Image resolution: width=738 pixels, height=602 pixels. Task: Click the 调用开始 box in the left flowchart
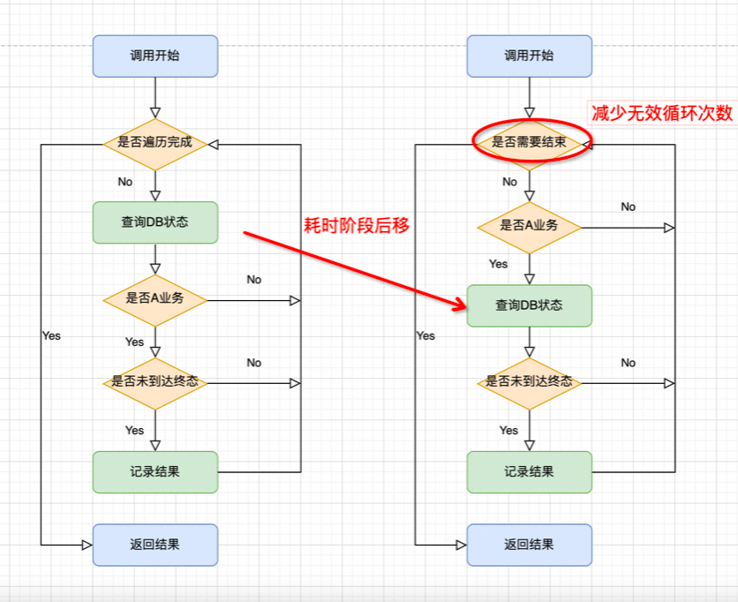click(154, 56)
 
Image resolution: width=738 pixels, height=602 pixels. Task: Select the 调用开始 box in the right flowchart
click(529, 56)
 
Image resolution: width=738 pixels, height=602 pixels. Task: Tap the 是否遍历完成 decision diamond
click(154, 142)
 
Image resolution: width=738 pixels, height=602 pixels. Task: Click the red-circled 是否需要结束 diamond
click(529, 142)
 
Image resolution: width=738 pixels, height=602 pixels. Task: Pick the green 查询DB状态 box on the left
click(154, 222)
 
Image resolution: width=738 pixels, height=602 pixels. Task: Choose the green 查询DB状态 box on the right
click(529, 305)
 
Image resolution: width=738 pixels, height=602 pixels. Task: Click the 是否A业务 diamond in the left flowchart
click(154, 299)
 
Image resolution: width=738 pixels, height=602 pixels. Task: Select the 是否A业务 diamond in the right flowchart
click(529, 226)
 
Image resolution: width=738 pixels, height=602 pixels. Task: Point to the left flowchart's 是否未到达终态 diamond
click(154, 383)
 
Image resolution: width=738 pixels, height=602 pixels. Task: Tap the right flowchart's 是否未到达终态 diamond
click(529, 382)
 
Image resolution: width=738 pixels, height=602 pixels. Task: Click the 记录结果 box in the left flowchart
click(154, 471)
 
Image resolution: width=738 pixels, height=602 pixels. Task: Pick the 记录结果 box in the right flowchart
click(529, 471)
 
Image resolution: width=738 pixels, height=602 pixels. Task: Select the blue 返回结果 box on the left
click(154, 545)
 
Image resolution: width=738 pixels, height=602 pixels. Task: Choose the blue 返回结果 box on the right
click(529, 545)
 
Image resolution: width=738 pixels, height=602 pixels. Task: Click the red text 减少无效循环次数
click(661, 113)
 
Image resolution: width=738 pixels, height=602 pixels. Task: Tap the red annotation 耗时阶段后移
click(356, 225)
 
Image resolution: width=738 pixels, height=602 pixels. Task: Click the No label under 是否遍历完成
click(125, 182)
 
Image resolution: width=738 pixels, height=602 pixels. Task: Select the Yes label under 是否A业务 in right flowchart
click(499, 264)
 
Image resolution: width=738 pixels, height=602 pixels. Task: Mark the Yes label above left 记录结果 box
click(134, 431)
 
